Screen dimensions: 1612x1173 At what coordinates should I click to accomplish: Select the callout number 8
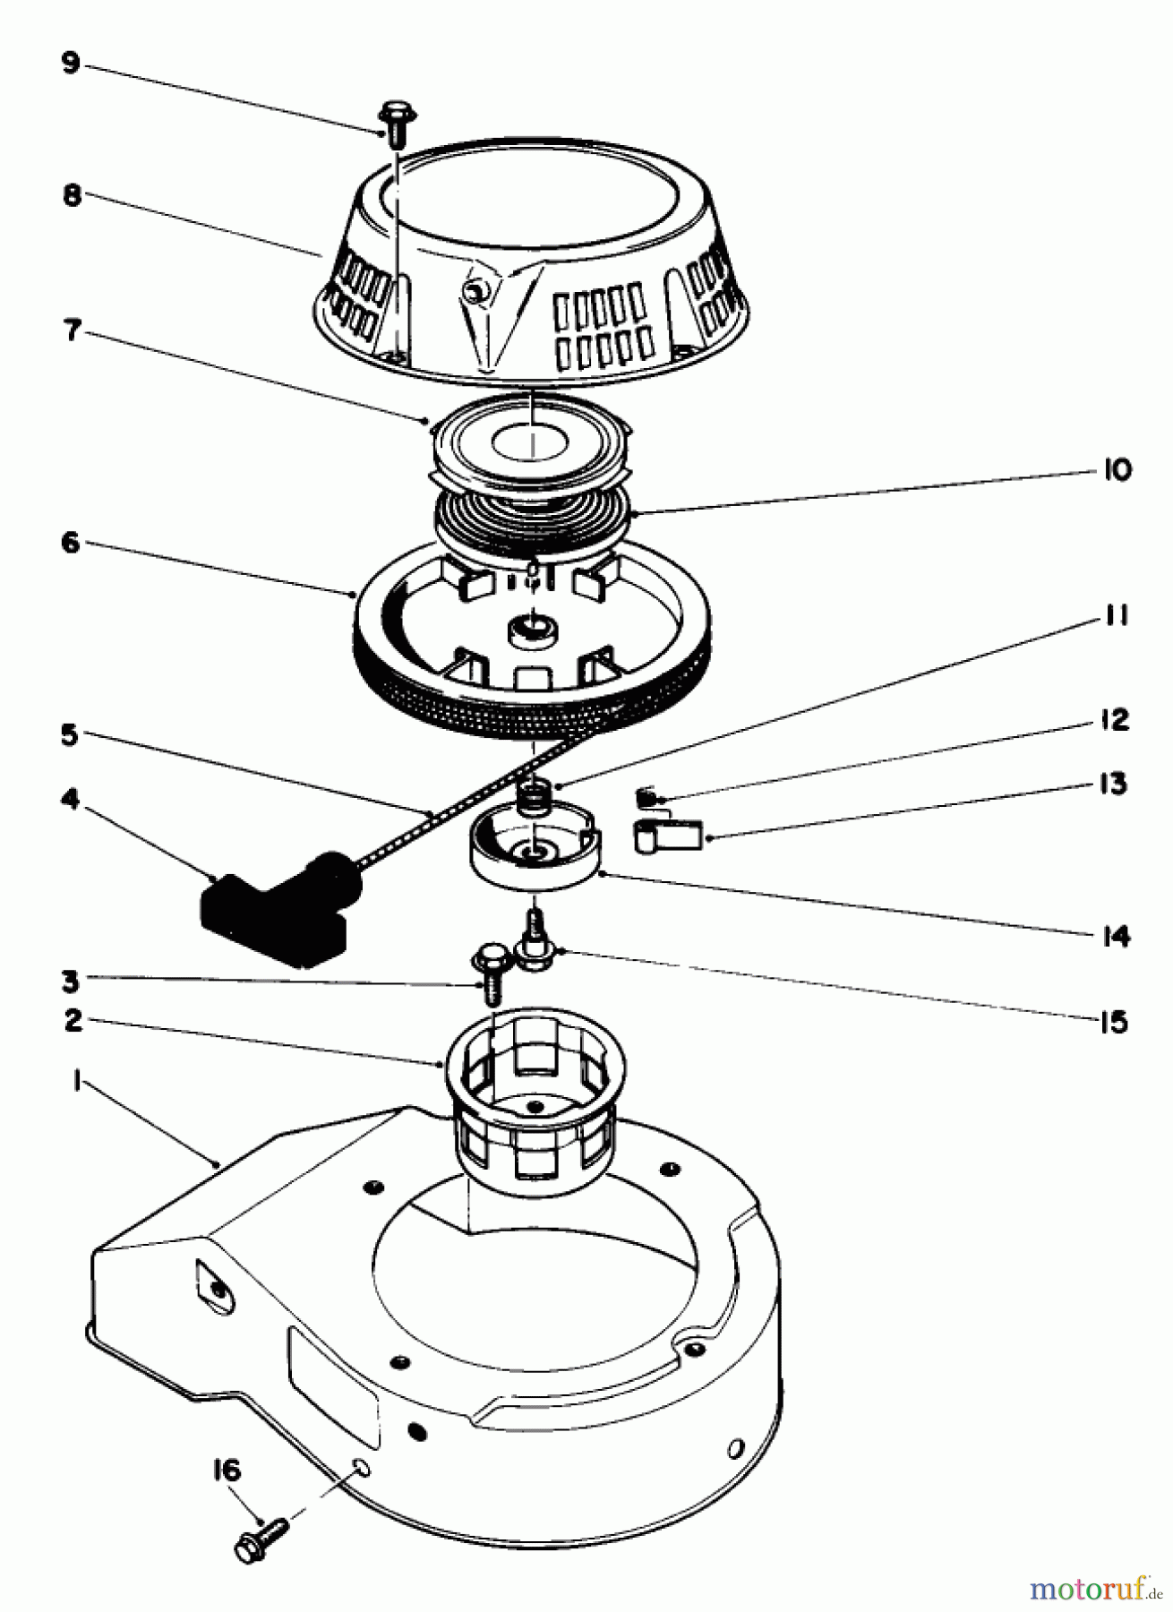pyautogui.click(x=73, y=196)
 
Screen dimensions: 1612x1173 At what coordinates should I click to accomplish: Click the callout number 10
pyautogui.click(x=1116, y=470)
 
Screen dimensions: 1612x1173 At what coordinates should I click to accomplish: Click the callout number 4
pyautogui.click(x=70, y=800)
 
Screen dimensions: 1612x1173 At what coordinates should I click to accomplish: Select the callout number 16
pyautogui.click(x=227, y=1471)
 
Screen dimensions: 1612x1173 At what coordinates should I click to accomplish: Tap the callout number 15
pyautogui.click(x=1113, y=1022)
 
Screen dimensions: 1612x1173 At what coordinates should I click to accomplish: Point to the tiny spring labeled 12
pyautogui.click(x=646, y=795)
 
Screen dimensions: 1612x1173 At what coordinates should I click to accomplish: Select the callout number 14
pyautogui.click(x=1115, y=937)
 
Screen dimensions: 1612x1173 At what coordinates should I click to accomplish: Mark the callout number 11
pyautogui.click(x=1116, y=617)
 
